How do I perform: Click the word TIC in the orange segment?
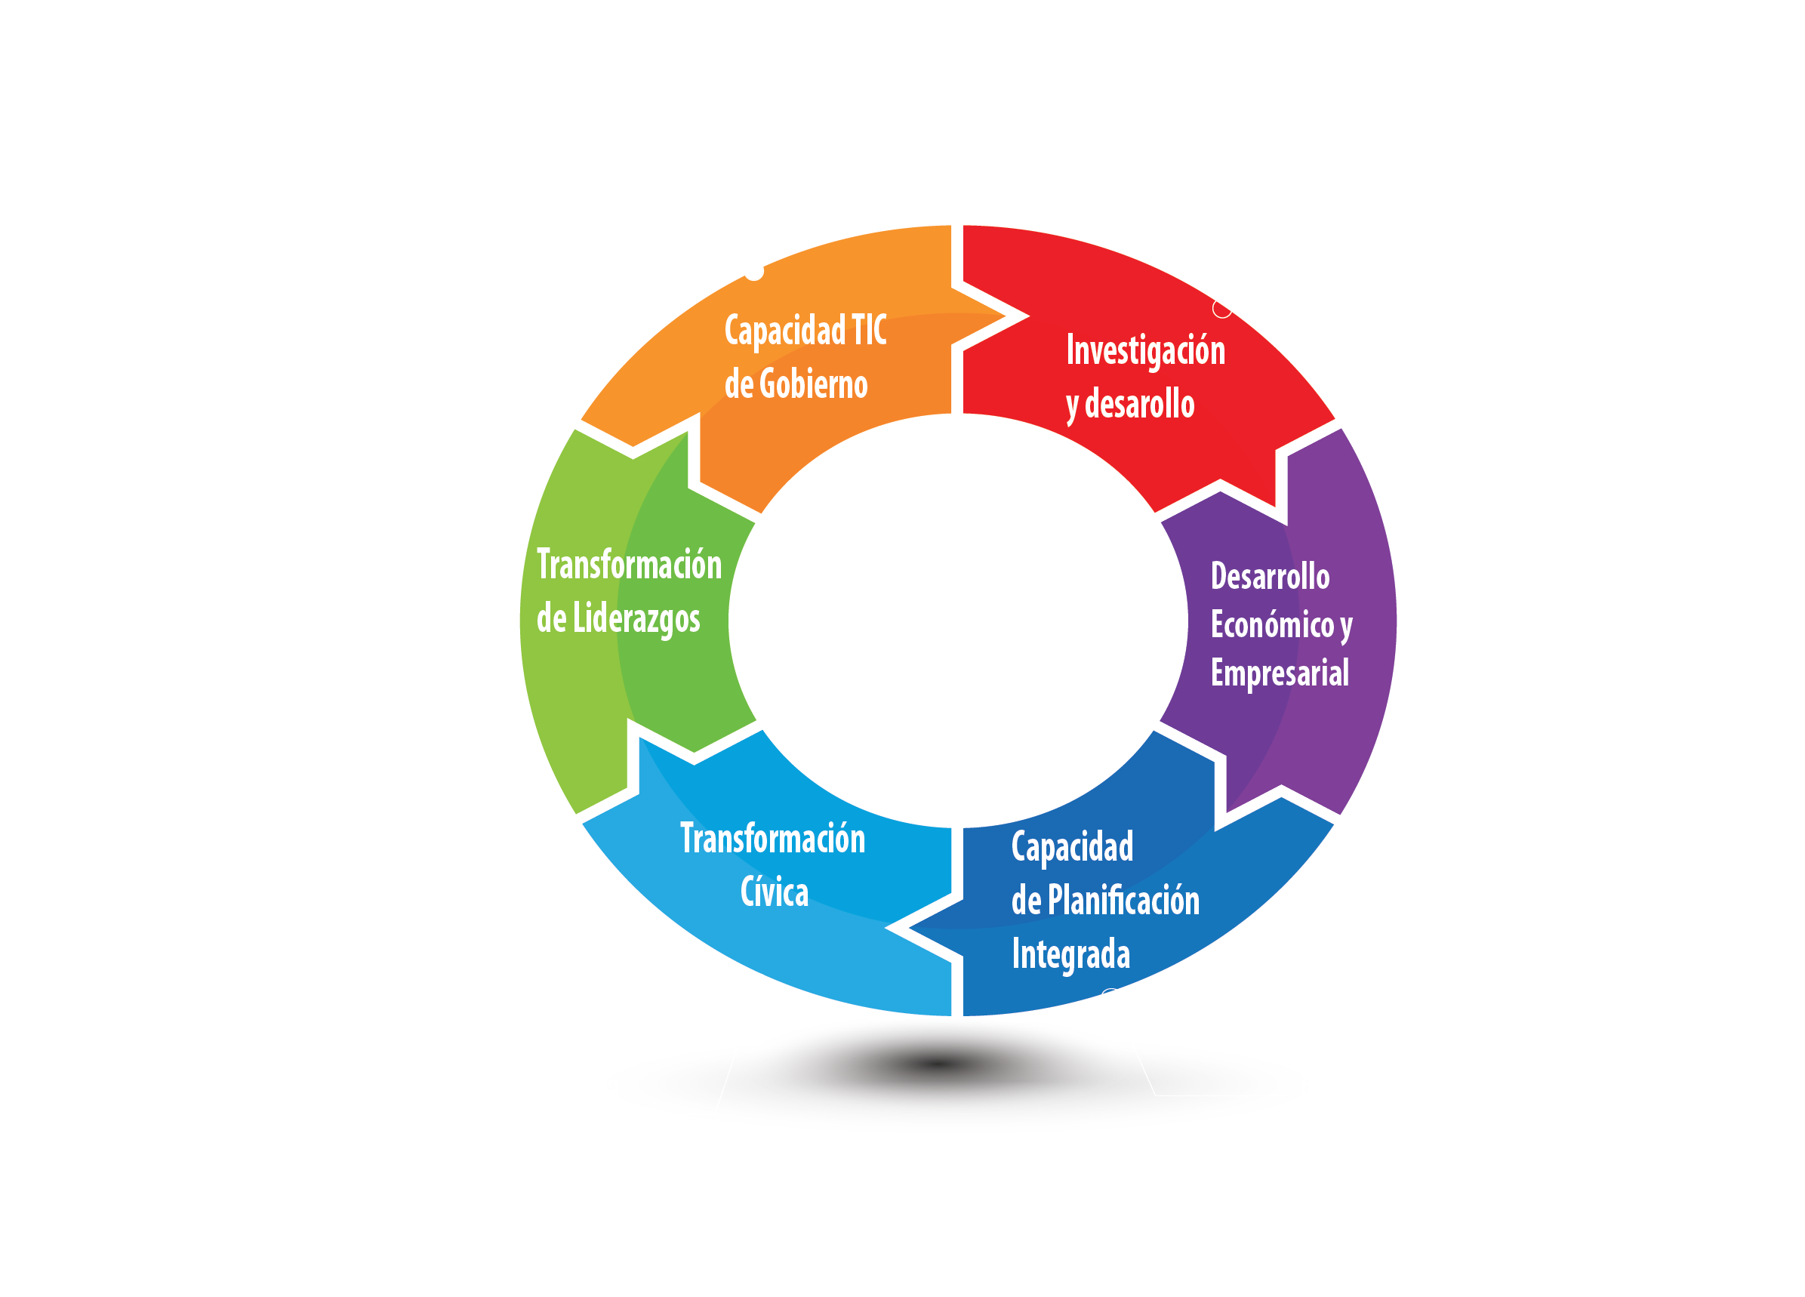coord(868,330)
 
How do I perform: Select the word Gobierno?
coord(813,384)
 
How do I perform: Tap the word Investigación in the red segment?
coord(1145,351)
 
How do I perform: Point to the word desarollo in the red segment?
coord(1140,404)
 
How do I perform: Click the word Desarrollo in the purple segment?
coord(1270,577)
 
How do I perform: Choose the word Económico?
coord(1272,624)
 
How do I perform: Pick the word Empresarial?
coord(1279,673)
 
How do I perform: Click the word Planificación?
coord(1123,901)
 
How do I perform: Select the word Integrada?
coord(1070,954)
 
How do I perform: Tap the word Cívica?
coord(774,892)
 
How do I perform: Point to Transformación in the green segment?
coord(629,565)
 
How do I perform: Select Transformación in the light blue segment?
coord(772,839)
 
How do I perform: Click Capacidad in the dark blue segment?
coord(1072,847)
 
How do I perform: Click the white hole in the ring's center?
coord(957,621)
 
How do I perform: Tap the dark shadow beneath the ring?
coord(939,1064)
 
